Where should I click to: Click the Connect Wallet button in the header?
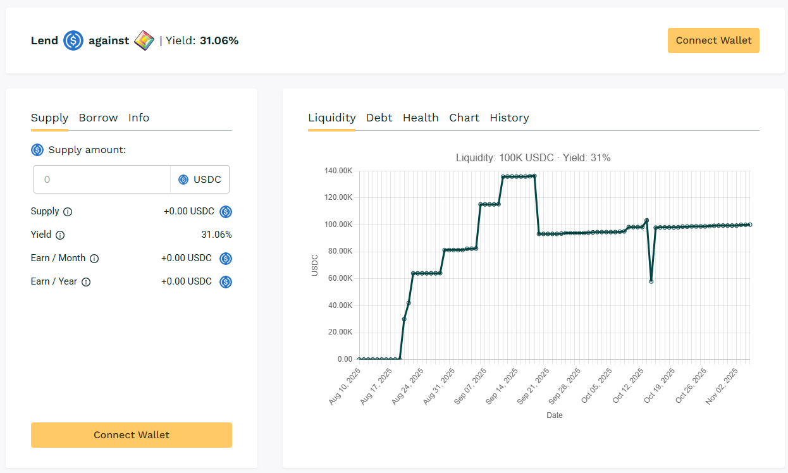(x=713, y=40)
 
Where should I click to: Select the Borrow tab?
(x=98, y=118)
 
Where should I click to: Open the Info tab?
(x=139, y=118)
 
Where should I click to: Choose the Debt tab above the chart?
(x=379, y=118)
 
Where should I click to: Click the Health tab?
(x=421, y=118)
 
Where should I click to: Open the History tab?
(x=509, y=118)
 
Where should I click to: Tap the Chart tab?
(x=464, y=118)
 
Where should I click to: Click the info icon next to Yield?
(x=60, y=235)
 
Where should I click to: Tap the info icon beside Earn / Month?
(x=94, y=259)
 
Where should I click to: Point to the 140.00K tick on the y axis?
(x=337, y=171)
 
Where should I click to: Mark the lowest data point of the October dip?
(x=651, y=281)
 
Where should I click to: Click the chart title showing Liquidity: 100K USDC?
(x=533, y=157)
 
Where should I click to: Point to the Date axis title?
(x=554, y=415)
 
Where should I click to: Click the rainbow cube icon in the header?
(x=144, y=40)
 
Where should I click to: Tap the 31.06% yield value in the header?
(x=219, y=40)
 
